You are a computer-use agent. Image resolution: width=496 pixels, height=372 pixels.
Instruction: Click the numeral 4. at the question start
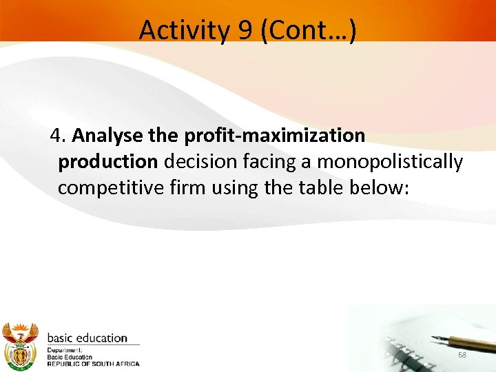[x=58, y=135]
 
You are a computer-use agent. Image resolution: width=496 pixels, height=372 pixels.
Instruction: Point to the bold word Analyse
[x=103, y=135]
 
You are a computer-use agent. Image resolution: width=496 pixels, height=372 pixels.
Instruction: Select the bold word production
[x=108, y=161]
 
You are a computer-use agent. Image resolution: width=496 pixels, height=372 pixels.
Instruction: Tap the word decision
[x=200, y=161]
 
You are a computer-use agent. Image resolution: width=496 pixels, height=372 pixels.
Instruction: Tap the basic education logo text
[x=87, y=338]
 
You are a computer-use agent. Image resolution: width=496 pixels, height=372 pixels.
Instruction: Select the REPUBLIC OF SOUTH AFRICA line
[x=93, y=364]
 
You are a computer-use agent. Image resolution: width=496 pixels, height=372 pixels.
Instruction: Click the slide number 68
[x=462, y=355]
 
